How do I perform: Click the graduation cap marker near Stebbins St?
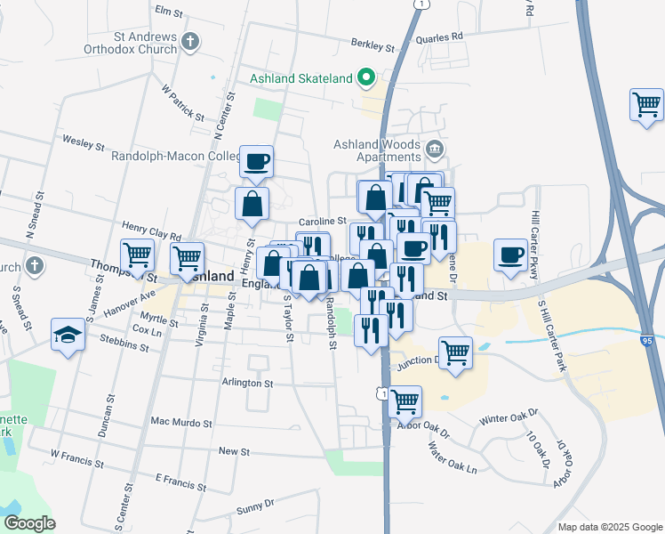click(x=67, y=336)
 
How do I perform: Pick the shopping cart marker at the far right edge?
click(x=646, y=105)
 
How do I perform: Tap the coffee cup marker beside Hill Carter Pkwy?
click(x=510, y=255)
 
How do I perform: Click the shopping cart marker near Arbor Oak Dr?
click(x=405, y=400)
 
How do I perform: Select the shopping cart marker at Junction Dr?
click(x=455, y=352)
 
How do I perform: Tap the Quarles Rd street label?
click(x=445, y=36)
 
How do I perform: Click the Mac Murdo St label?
click(x=181, y=422)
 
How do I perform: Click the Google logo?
click(x=29, y=523)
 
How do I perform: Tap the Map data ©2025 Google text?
click(x=609, y=527)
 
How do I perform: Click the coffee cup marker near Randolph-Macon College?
click(x=257, y=161)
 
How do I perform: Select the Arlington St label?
click(x=248, y=383)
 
